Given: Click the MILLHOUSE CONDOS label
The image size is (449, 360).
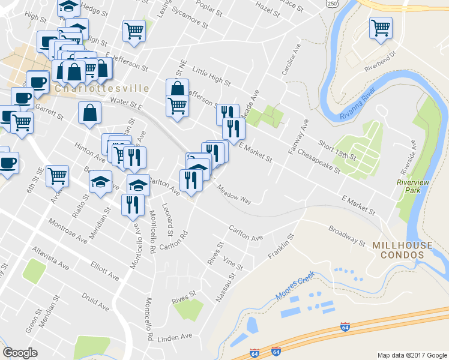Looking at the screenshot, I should (402, 250).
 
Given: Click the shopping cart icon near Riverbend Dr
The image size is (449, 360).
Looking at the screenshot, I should (381, 28).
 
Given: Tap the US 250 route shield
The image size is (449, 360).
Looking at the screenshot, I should (348, 4).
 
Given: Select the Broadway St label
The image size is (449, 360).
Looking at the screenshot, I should (346, 235).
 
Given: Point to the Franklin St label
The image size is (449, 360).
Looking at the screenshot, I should (280, 248).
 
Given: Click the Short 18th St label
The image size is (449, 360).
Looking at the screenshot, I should (337, 150).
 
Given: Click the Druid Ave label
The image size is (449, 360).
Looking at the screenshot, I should (95, 302).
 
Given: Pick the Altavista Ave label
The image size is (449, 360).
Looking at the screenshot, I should (51, 258).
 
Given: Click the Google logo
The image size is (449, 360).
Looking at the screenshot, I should (20, 353).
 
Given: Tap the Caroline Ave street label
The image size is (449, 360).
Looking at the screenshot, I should (290, 60).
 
